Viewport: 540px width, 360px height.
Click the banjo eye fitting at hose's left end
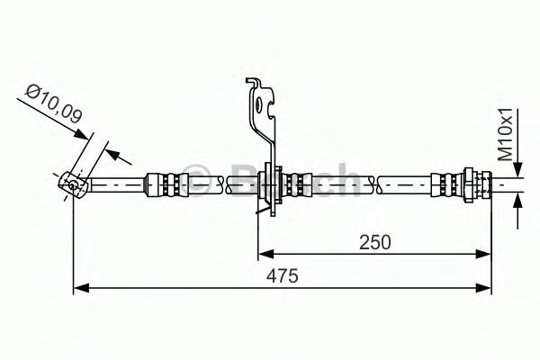coord(71,184)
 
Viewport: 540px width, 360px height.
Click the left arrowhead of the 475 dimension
coord(79,287)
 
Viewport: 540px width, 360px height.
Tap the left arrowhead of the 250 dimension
coord(265,252)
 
